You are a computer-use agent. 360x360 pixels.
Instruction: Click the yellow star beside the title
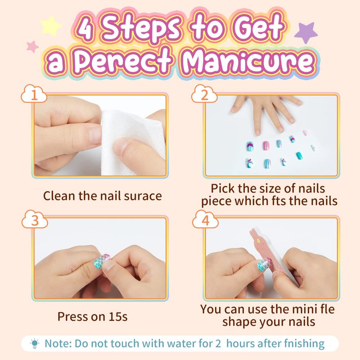pos(50,26)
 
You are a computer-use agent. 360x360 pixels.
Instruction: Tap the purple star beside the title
pos(306,32)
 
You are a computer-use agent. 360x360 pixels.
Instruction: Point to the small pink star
pos(32,47)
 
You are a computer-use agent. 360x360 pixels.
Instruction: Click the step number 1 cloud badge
pos(34,94)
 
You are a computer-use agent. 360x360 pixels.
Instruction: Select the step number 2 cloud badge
pos(204,94)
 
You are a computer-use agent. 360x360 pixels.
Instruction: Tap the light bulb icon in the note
pos(35,344)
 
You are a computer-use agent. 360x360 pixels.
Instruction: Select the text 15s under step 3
pos(118,317)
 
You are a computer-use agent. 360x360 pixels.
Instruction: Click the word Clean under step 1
pos(59,196)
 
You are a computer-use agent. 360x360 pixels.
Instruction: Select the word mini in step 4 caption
pos(310,309)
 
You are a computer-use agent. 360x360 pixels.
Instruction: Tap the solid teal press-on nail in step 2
pos(299,156)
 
